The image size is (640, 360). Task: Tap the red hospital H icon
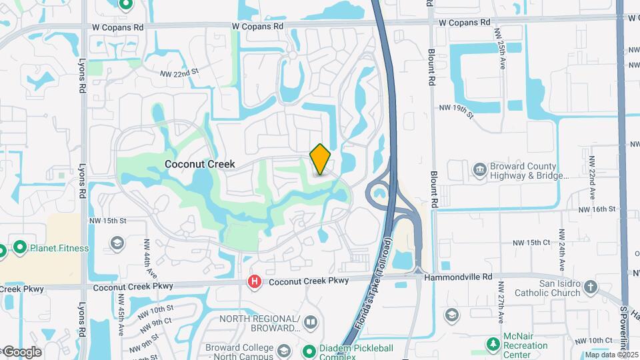[254, 282]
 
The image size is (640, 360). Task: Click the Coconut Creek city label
[200, 163]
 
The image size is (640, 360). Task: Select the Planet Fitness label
[59, 248]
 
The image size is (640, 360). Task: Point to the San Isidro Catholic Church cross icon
[590, 287]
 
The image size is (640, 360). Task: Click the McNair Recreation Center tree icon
[493, 344]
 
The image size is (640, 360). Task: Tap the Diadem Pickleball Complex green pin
[309, 351]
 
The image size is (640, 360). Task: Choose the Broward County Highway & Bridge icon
[479, 171]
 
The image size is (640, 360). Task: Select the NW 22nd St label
[179, 71]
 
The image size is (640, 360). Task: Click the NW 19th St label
[456, 111]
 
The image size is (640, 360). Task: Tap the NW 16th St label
[597, 209]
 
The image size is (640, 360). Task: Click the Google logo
[21, 352]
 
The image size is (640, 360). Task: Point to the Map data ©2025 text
[611, 355]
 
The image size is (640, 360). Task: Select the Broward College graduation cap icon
[284, 350]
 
